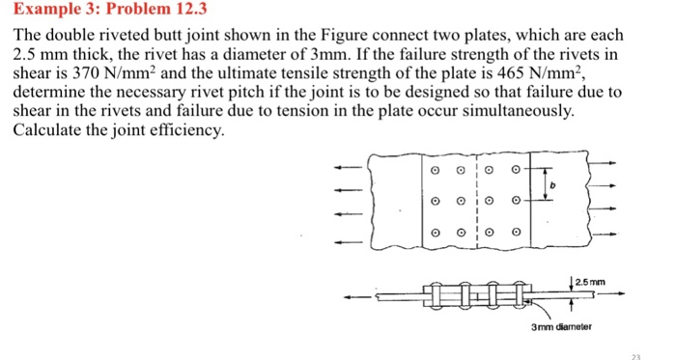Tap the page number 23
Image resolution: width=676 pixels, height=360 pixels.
pyautogui.click(x=661, y=352)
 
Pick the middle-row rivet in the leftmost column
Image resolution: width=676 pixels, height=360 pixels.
pyautogui.click(x=435, y=202)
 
